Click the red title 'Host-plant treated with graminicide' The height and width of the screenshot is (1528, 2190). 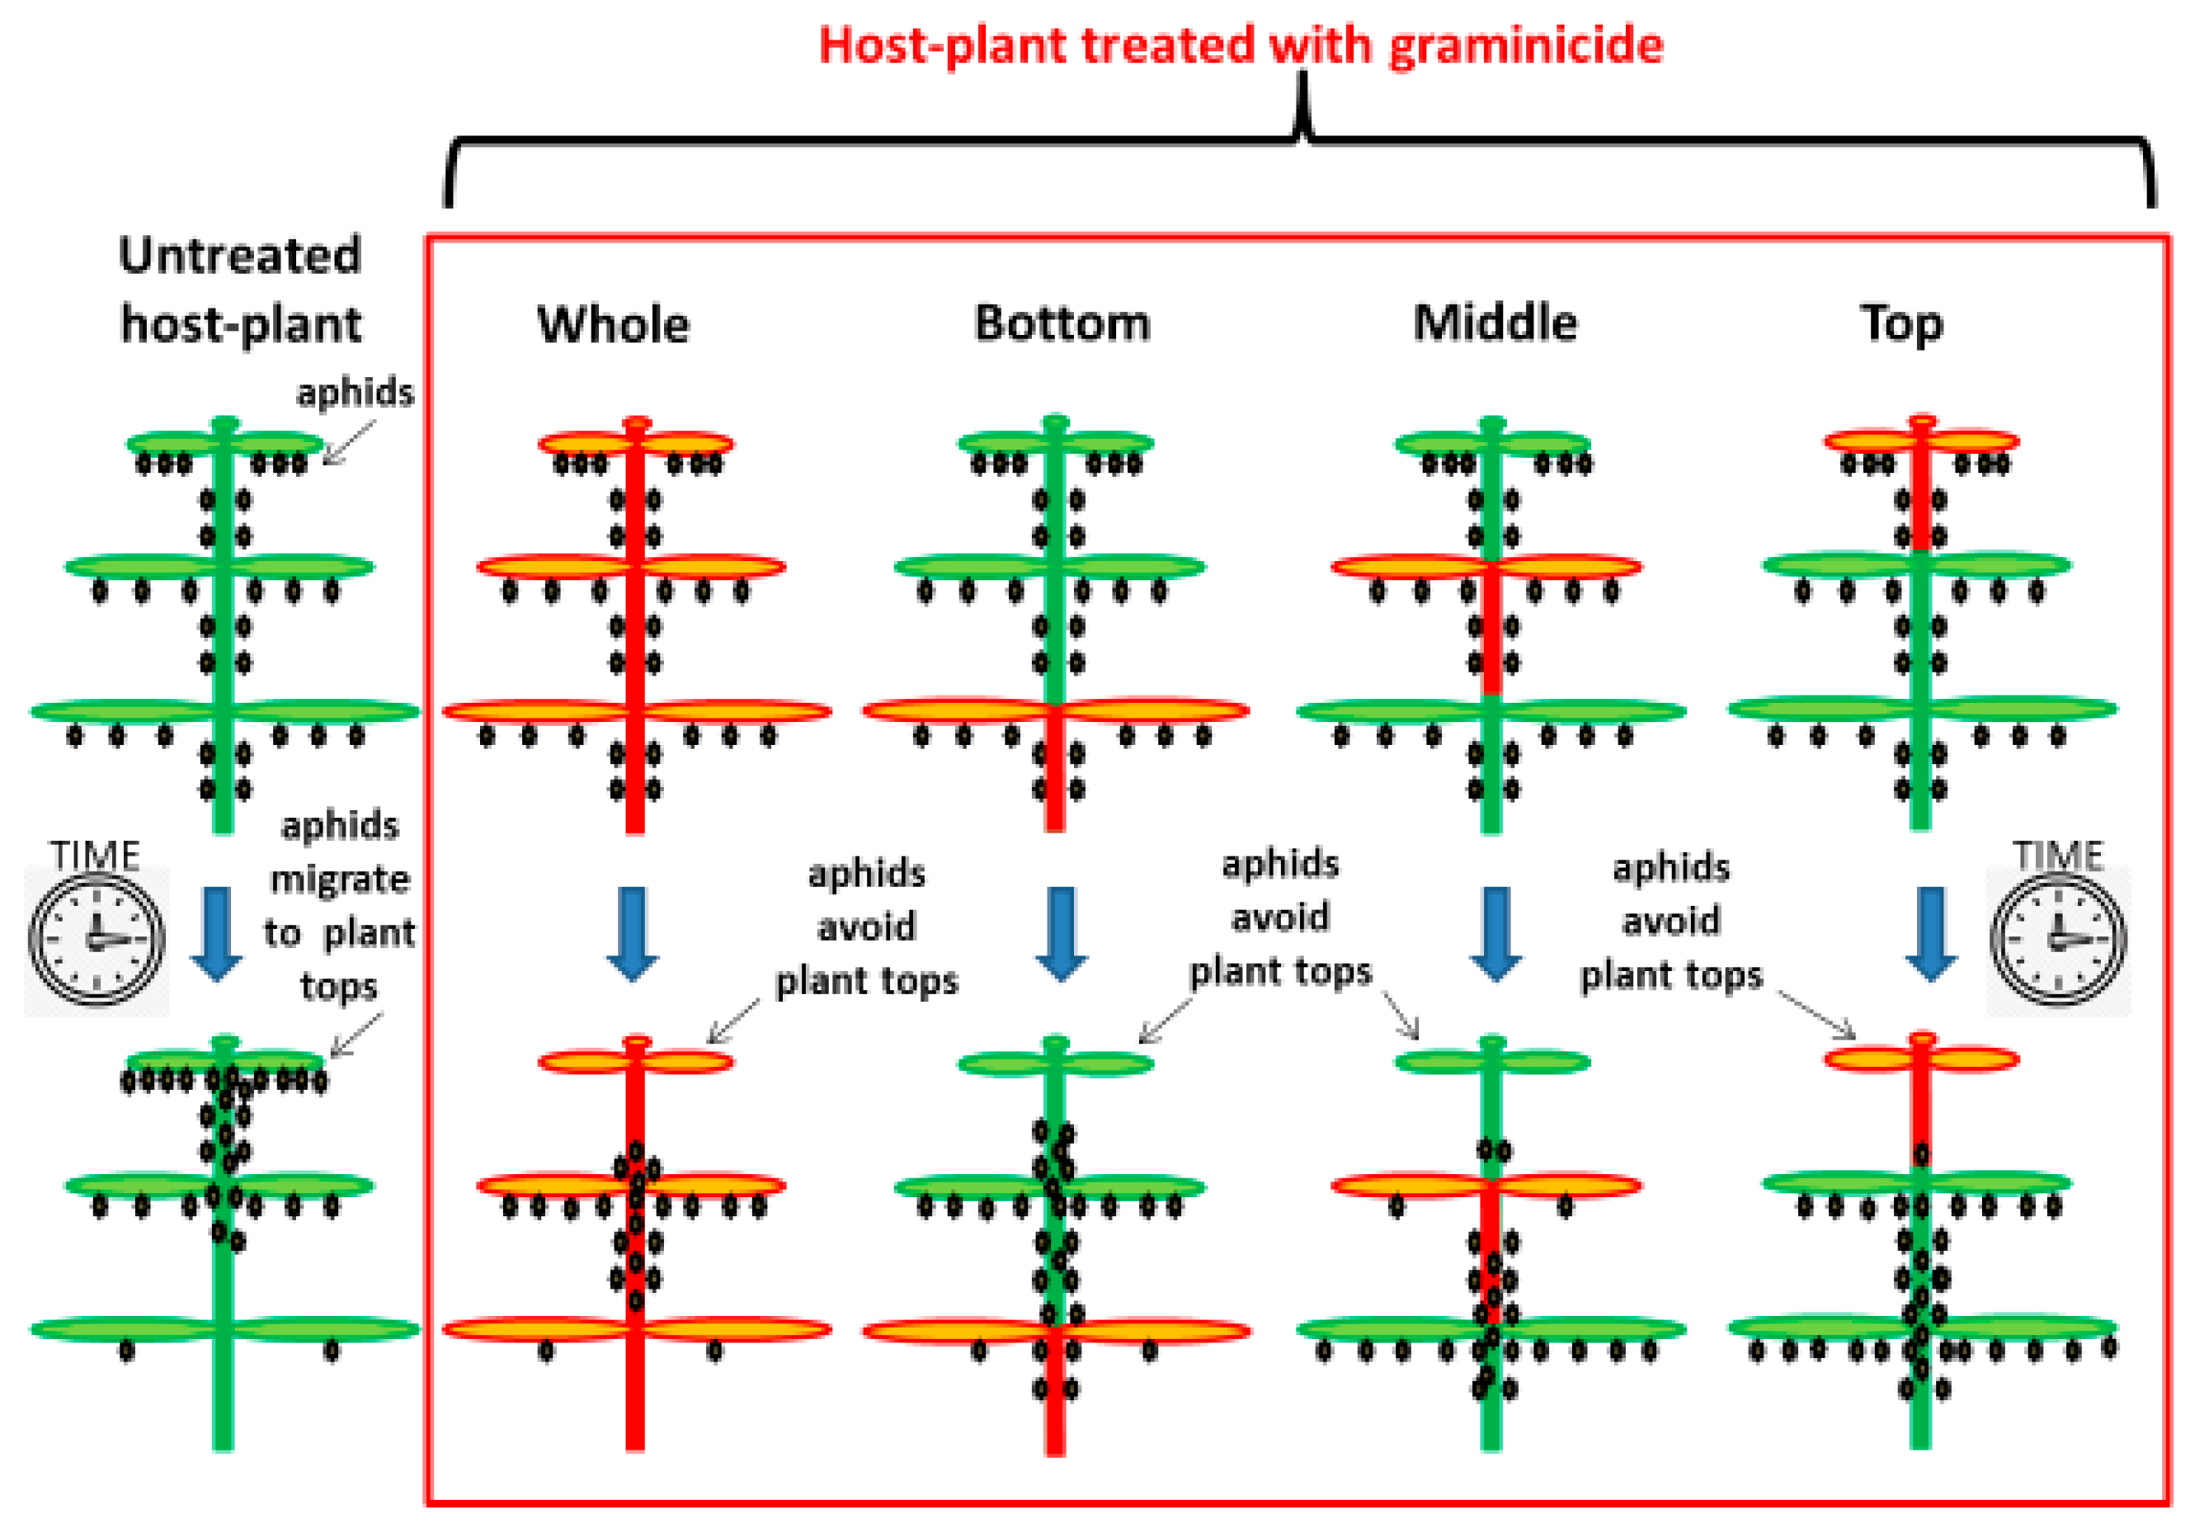click(x=1240, y=45)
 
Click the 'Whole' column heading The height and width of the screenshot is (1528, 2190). click(x=614, y=324)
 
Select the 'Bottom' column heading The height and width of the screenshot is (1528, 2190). click(x=1062, y=323)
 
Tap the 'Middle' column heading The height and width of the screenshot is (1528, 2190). click(x=1495, y=323)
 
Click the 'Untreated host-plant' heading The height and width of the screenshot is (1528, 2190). click(x=240, y=289)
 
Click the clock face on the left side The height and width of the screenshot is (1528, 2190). click(x=97, y=940)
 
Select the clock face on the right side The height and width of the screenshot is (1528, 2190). click(x=2057, y=940)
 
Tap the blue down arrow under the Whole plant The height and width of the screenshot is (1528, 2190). click(x=633, y=933)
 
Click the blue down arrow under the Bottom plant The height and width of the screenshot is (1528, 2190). click(x=1062, y=933)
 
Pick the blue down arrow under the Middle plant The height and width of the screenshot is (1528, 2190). click(x=1495, y=933)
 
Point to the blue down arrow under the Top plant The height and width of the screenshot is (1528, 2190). click(x=1932, y=933)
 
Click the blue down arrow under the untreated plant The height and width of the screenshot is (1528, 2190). click(x=216, y=933)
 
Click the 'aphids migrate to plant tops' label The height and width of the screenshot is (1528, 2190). click(x=340, y=904)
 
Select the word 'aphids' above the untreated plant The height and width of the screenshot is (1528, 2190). click(x=355, y=392)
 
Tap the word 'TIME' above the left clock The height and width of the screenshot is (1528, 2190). click(x=96, y=855)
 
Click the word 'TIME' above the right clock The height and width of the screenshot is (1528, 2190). click(x=2057, y=855)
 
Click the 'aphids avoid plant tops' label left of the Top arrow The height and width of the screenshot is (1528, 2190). click(x=1671, y=922)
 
